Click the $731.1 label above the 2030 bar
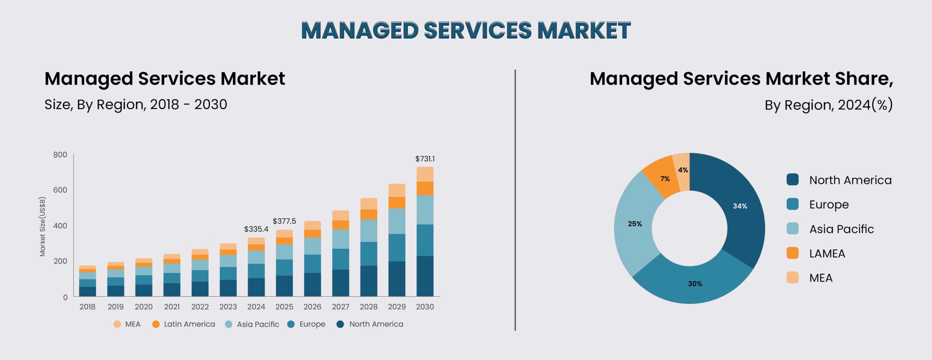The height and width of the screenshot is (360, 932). [425, 159]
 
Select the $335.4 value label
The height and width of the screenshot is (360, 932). [256, 229]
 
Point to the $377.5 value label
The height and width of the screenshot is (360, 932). [284, 221]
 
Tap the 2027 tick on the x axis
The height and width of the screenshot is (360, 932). [340, 307]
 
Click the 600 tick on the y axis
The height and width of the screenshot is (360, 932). [60, 190]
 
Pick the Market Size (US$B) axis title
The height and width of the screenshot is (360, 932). [43, 226]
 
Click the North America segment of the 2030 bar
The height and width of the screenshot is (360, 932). [425, 276]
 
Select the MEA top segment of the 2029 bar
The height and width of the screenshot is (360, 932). [397, 190]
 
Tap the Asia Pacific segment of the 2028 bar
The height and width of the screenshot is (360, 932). [369, 231]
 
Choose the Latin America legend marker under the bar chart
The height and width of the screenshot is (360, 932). [156, 324]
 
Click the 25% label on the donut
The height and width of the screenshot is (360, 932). [635, 224]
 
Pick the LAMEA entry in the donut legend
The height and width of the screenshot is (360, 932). [827, 254]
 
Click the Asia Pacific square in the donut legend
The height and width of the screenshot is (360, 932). [793, 229]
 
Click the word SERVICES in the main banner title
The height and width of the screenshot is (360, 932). [478, 30]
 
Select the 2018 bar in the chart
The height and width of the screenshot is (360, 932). [87, 281]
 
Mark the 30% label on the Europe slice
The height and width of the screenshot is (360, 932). [695, 284]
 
